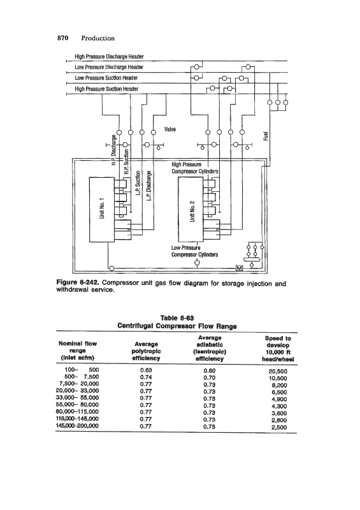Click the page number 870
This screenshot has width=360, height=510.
(x=63, y=38)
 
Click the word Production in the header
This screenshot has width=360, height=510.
(x=98, y=38)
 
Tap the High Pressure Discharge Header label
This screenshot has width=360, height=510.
(x=109, y=57)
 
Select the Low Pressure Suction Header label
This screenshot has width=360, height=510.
(x=106, y=78)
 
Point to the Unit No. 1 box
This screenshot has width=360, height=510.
(x=102, y=209)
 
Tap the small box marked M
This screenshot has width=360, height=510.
(x=240, y=268)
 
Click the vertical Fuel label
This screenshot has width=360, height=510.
(x=266, y=136)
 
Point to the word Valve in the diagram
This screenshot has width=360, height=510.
(x=170, y=129)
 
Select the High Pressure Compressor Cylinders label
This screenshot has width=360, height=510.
(x=195, y=168)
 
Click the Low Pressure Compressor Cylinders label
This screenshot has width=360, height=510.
(x=194, y=251)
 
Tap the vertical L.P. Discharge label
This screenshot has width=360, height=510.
(x=149, y=186)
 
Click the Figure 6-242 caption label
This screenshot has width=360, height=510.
(x=78, y=282)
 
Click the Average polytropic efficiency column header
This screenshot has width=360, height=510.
(x=146, y=351)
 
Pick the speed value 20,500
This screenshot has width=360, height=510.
(x=278, y=371)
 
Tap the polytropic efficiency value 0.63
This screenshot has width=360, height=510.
(x=146, y=370)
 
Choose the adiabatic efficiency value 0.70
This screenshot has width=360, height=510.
(x=210, y=377)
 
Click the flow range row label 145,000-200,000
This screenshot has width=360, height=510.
(x=77, y=426)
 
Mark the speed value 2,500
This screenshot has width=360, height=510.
(x=279, y=427)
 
